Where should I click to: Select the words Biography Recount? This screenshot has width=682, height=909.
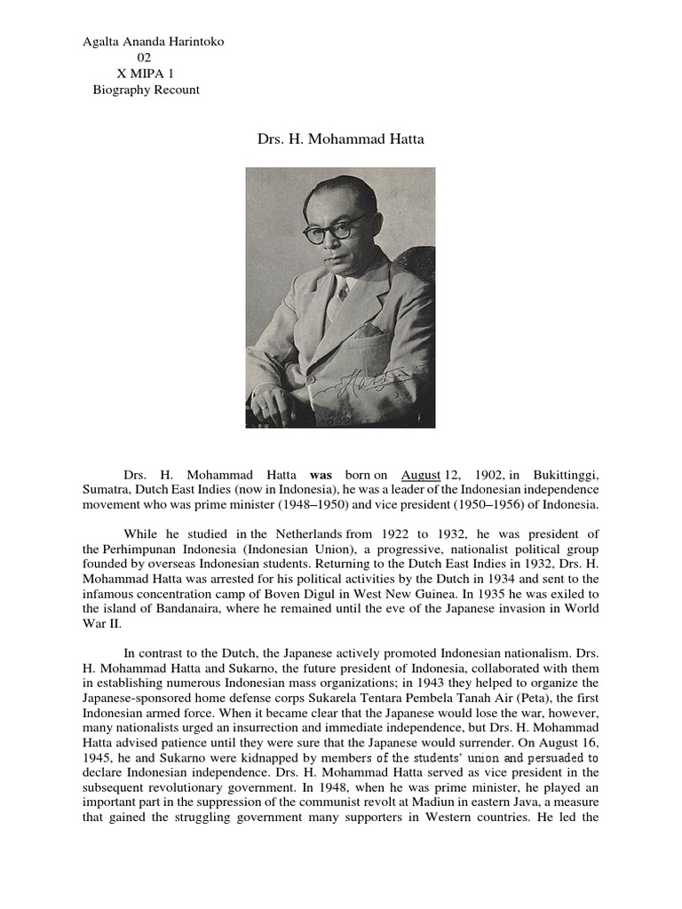(x=146, y=90)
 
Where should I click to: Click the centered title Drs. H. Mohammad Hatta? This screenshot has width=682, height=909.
(x=340, y=139)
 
